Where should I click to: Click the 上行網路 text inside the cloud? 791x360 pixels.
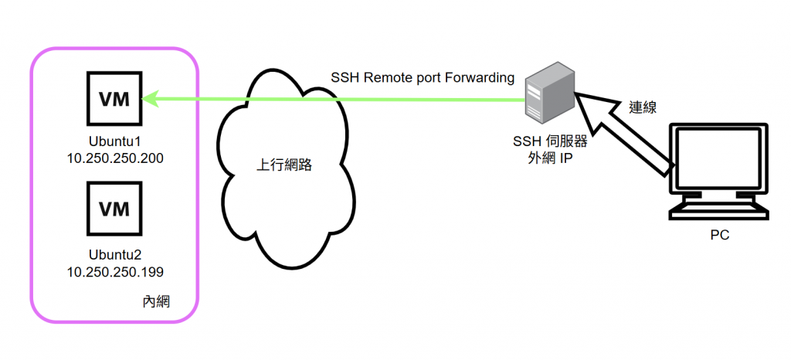[x=284, y=165]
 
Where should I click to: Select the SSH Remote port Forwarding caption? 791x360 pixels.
[x=423, y=77]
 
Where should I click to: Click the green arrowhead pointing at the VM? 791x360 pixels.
[x=149, y=98]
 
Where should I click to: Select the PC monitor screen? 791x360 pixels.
[x=718, y=163]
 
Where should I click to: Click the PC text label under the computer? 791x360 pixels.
[x=719, y=235]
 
